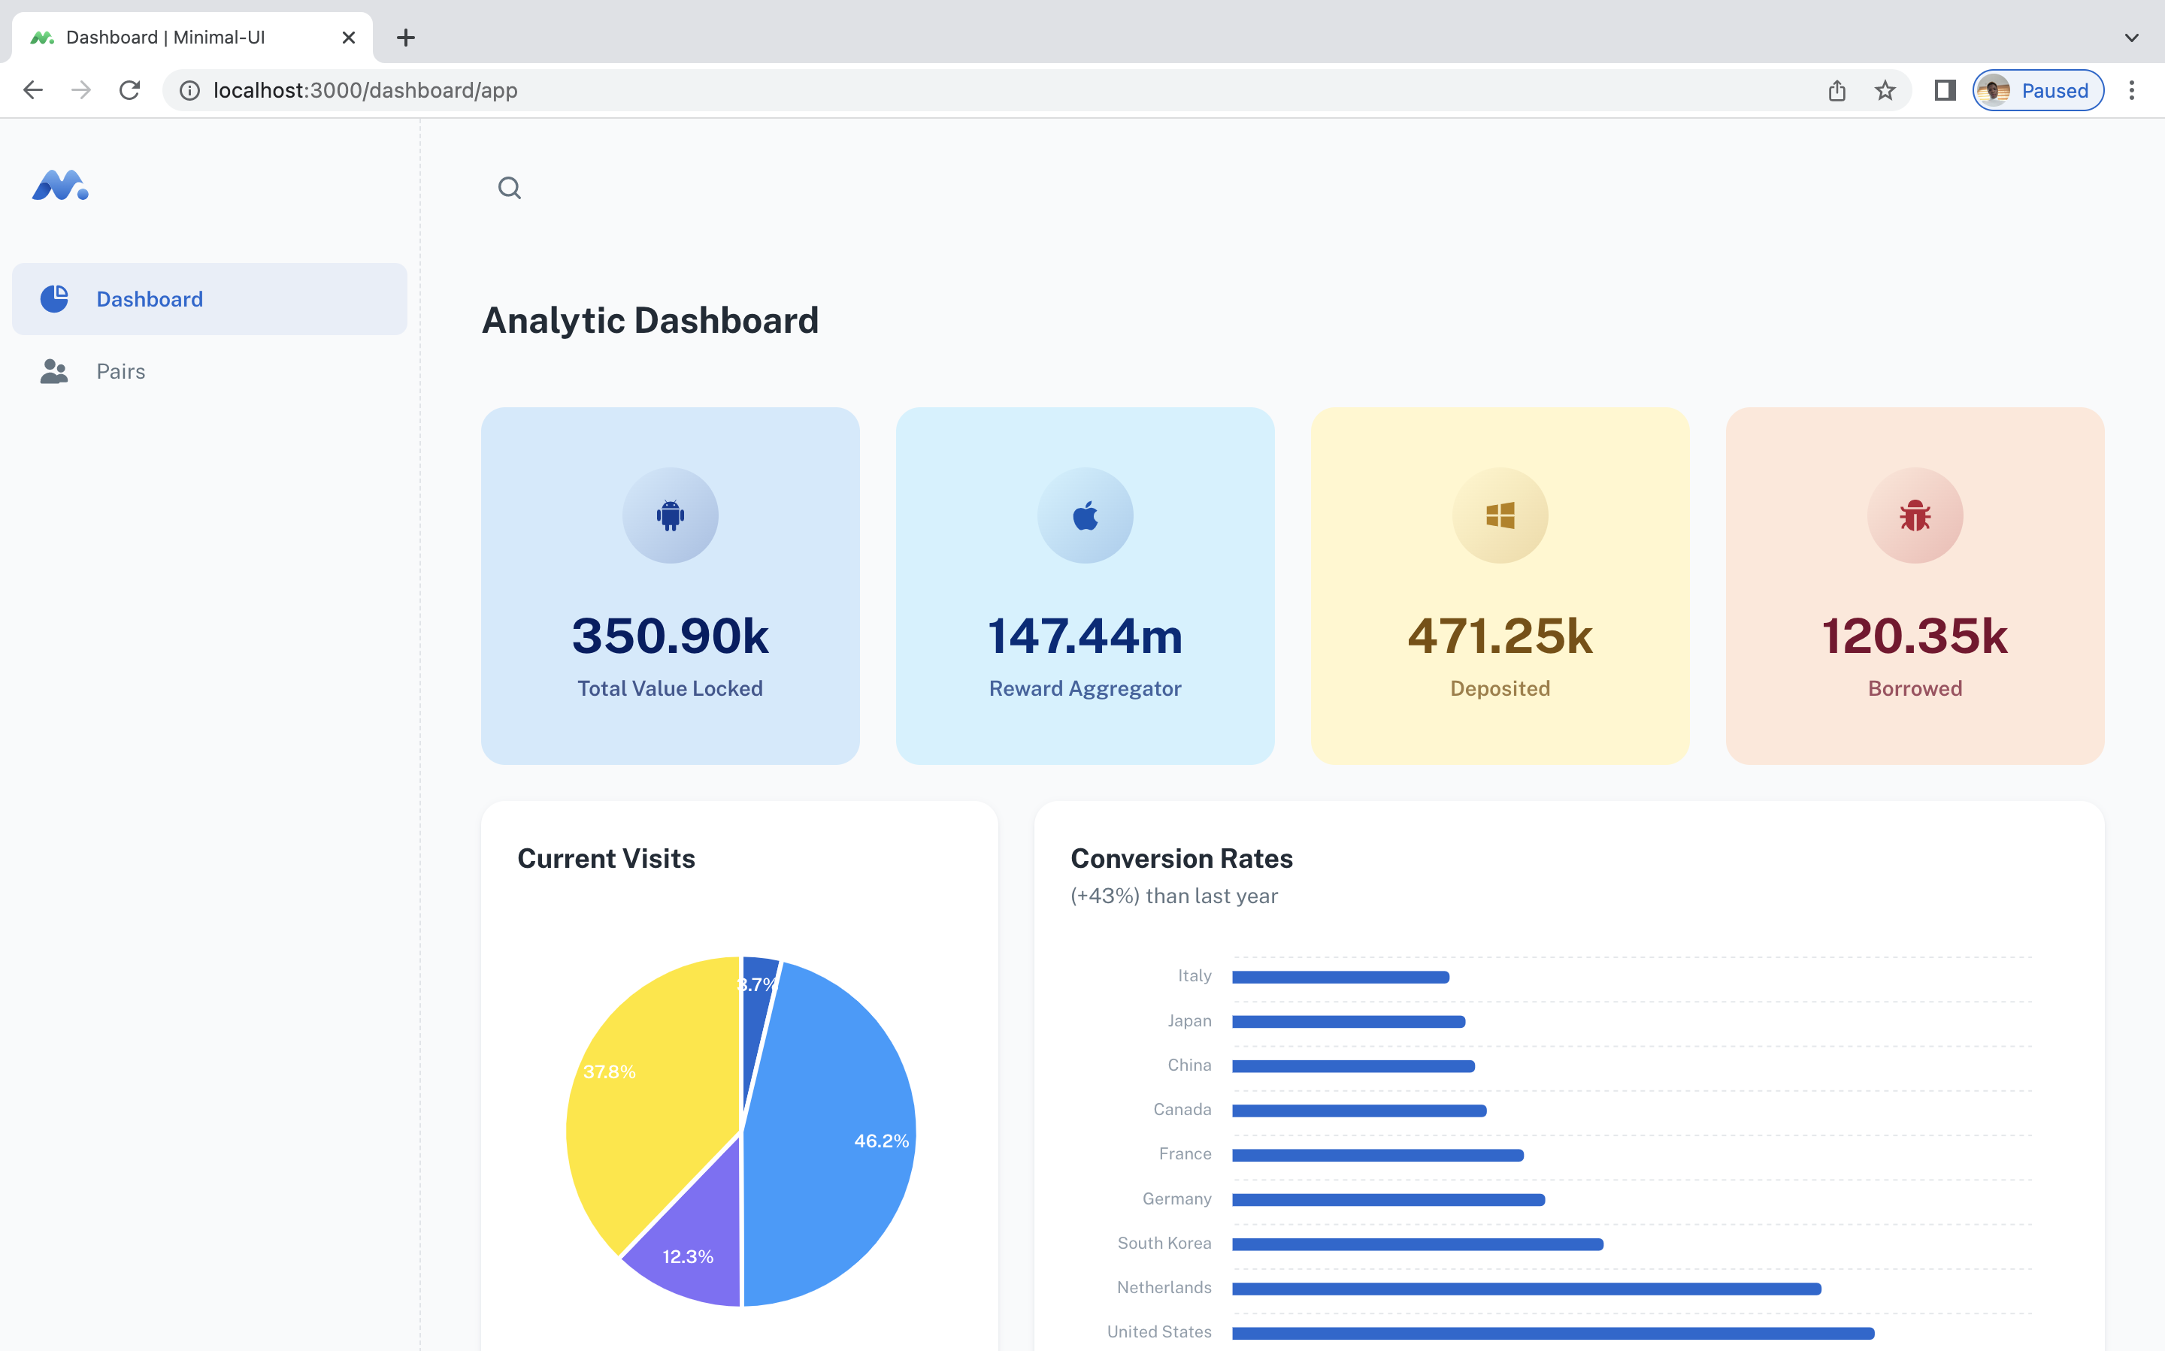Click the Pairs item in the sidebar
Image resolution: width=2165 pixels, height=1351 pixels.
(x=121, y=372)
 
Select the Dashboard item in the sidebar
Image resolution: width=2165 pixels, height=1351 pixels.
(x=150, y=299)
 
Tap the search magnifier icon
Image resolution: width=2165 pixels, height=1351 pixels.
(x=510, y=188)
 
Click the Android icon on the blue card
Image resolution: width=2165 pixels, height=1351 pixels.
(x=671, y=515)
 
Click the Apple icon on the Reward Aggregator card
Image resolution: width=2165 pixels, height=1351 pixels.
(x=1086, y=515)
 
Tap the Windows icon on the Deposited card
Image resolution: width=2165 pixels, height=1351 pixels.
(x=1500, y=515)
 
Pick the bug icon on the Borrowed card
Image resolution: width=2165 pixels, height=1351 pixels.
(x=1915, y=515)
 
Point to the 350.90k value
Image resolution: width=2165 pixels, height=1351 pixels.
(x=671, y=636)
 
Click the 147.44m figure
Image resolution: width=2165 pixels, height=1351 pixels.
(x=1086, y=636)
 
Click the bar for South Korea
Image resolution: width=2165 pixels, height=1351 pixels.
(x=1417, y=1244)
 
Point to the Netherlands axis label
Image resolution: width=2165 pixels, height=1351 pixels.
(x=1164, y=1288)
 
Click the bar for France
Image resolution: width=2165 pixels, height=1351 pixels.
(x=1376, y=1156)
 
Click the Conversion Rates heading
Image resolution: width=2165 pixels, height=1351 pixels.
(x=1181, y=859)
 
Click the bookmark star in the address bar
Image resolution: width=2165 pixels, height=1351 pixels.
(x=1885, y=90)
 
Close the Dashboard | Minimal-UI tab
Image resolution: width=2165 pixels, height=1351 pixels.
(x=349, y=38)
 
